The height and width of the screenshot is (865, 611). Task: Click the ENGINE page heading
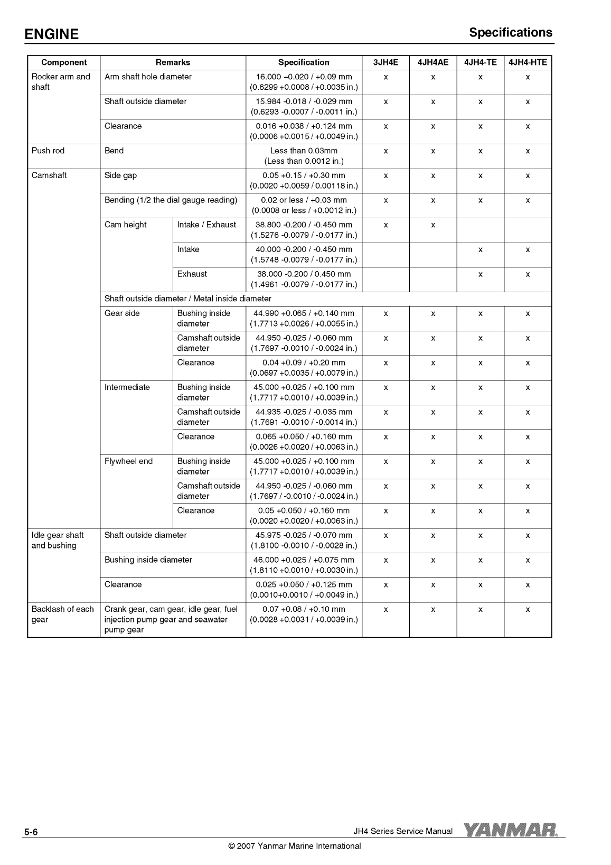click(51, 35)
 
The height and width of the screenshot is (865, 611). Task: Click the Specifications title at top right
click(511, 33)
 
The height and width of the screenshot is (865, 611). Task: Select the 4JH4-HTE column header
click(528, 62)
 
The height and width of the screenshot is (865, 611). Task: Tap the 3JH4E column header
click(386, 62)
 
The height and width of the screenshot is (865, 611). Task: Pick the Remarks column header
click(173, 62)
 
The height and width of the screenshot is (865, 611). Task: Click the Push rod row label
click(48, 151)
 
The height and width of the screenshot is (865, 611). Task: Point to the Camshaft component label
click(49, 175)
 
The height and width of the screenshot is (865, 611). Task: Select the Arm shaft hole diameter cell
click(148, 77)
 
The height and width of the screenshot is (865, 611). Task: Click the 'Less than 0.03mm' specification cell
click(304, 156)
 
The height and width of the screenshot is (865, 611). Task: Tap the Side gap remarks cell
click(121, 175)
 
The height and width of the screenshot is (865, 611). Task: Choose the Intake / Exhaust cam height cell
click(206, 225)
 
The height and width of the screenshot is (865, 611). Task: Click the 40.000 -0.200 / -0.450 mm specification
click(304, 249)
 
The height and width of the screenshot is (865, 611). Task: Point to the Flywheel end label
click(128, 461)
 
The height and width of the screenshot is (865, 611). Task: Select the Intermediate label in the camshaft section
click(127, 387)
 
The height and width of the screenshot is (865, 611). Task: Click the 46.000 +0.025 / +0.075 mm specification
click(304, 560)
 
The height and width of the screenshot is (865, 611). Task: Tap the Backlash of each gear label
click(62, 614)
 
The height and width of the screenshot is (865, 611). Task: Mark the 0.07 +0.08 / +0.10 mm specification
click(304, 609)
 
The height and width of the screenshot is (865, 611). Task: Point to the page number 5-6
click(31, 832)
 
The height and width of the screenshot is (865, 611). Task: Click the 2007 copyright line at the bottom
click(294, 846)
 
